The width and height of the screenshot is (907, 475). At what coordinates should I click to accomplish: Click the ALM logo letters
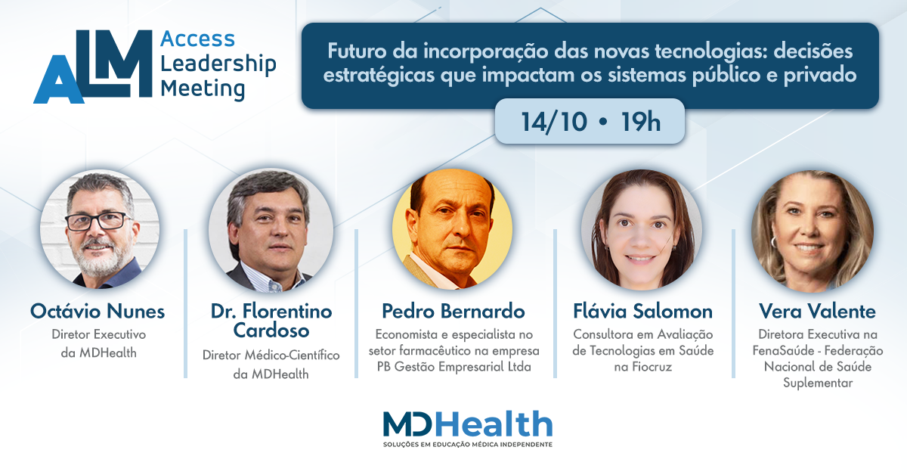click(93, 67)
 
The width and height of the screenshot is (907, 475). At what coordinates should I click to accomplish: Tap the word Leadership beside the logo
click(218, 64)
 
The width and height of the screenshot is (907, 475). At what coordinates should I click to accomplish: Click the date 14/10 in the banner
click(553, 122)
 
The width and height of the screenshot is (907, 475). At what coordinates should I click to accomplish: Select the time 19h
click(641, 122)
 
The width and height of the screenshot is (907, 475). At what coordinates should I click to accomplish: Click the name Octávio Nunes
click(98, 312)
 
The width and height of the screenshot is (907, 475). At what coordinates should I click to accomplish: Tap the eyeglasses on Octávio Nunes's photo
click(99, 222)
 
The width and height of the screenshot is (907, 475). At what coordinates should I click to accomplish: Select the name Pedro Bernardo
click(453, 312)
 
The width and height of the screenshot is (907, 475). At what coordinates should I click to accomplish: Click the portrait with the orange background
click(452, 229)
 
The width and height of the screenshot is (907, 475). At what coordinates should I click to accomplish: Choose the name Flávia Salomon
click(643, 312)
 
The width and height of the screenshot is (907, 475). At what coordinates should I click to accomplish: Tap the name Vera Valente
click(818, 312)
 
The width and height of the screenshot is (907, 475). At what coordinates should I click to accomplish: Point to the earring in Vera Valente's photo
click(773, 242)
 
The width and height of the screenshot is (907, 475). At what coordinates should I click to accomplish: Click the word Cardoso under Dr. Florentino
click(271, 331)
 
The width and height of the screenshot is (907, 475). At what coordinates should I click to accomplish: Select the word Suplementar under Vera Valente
click(818, 383)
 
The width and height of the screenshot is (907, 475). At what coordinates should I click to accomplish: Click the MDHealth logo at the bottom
click(468, 424)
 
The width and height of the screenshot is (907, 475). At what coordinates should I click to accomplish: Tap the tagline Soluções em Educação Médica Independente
click(468, 445)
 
